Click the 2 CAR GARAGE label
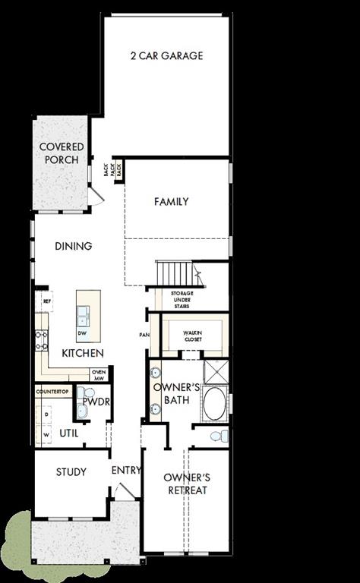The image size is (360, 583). coord(166,56)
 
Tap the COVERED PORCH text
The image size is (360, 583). coord(62,153)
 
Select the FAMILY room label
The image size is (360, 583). coord(171,202)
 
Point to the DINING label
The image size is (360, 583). coord(74,246)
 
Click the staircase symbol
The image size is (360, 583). coord(174,272)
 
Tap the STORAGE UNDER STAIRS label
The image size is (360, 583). coord(182,298)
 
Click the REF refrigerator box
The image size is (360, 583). coord(46,301)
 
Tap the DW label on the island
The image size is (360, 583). coord(81,332)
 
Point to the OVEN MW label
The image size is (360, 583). coord(99,374)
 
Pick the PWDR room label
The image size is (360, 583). coord(93,401)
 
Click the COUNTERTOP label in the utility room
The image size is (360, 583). coord(52,391)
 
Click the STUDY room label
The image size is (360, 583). coord(71,472)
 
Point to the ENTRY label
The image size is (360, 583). coord(126,471)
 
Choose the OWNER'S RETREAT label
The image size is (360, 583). coord(187,484)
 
